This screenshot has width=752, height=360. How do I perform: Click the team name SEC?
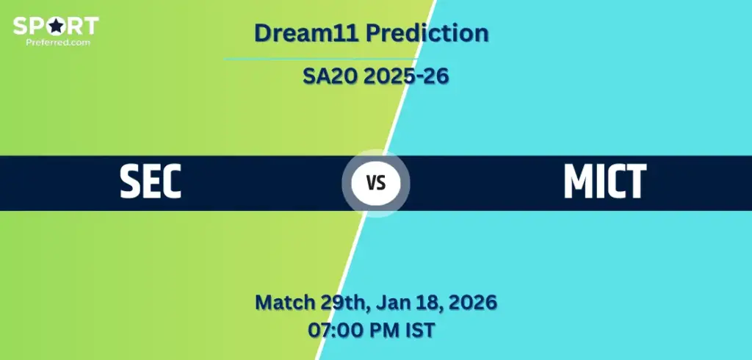[151, 182]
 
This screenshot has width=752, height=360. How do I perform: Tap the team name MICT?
[604, 182]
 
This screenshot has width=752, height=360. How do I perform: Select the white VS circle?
[376, 183]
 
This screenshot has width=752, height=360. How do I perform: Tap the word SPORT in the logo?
[56, 26]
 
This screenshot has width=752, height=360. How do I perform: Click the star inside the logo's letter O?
[56, 26]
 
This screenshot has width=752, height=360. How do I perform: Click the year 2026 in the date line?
[473, 302]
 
